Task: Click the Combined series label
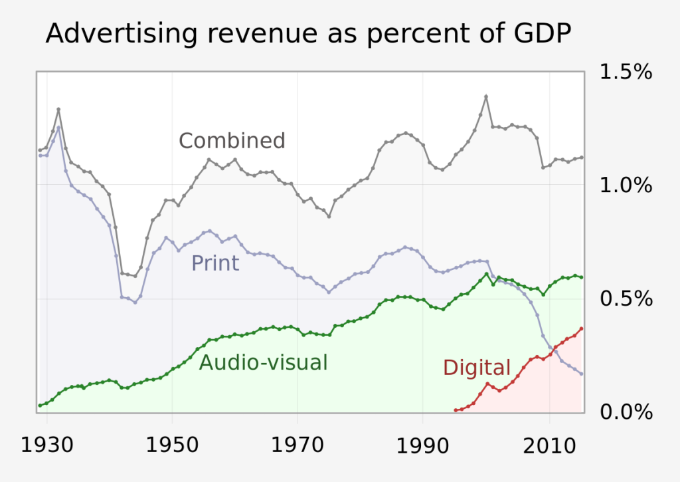click(232, 141)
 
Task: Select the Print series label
click(215, 263)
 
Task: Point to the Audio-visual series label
click(264, 362)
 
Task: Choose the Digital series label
click(477, 368)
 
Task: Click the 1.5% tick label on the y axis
click(626, 72)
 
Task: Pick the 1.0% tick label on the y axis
click(626, 185)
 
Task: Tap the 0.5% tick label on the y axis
click(626, 299)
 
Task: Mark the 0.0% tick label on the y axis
click(626, 412)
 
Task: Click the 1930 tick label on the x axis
click(47, 445)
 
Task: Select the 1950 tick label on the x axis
click(173, 445)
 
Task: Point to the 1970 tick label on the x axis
click(298, 445)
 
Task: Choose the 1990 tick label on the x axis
click(424, 445)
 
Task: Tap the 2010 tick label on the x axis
click(549, 445)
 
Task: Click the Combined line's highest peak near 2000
click(486, 96)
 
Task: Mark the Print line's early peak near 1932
click(58, 127)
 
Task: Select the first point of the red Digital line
click(456, 410)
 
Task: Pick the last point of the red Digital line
click(582, 328)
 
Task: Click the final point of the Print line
click(582, 374)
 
